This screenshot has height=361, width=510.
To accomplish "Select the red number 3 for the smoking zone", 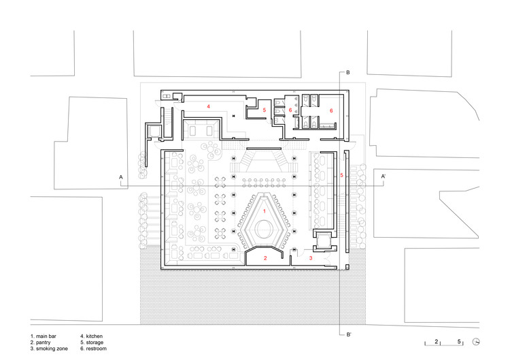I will pyautogui.click(x=311, y=258).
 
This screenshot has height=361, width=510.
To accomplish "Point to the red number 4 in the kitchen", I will pyautogui.click(x=209, y=106).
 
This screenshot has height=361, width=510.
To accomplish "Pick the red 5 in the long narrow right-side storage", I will pyautogui.click(x=341, y=176).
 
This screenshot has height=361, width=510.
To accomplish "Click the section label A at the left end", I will pyautogui.click(x=121, y=178).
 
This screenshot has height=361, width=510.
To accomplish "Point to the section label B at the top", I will pyautogui.click(x=347, y=72).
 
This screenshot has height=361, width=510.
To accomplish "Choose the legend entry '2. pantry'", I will pyautogui.click(x=42, y=343).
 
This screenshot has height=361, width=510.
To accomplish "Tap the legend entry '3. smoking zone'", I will pyautogui.click(x=50, y=349).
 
